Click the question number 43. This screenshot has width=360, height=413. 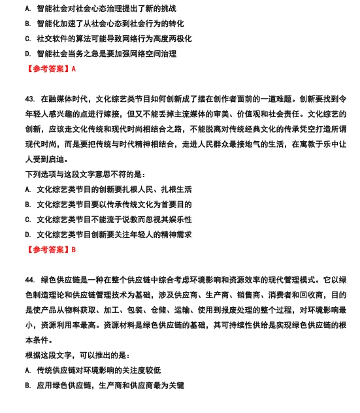(x=29, y=99)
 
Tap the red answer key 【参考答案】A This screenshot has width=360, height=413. (x=50, y=69)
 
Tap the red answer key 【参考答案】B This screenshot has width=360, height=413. (x=50, y=249)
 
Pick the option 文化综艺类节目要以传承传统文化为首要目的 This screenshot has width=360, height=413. (x=114, y=205)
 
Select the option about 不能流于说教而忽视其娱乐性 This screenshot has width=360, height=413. (x=114, y=220)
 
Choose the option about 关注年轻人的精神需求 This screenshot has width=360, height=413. (x=114, y=235)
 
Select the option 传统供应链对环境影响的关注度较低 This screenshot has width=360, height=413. (x=98, y=370)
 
